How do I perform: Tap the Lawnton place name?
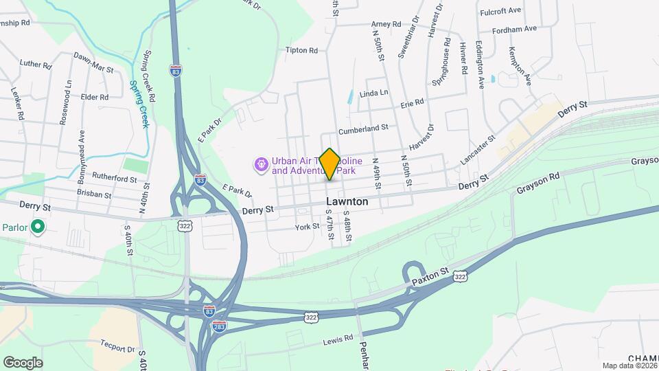(347, 202)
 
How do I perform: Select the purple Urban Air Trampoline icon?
(261, 164)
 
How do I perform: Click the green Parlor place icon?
(38, 226)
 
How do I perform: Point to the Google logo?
(23, 363)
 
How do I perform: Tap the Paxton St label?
(430, 277)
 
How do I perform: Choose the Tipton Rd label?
(301, 50)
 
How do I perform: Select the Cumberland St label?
(363, 128)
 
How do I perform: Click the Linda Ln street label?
(373, 92)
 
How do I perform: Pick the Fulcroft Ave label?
(500, 11)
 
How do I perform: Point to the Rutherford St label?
(115, 179)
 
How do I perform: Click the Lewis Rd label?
(338, 339)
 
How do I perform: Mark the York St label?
(307, 227)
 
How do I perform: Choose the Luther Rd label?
(36, 65)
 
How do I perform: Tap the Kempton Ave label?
(520, 65)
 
